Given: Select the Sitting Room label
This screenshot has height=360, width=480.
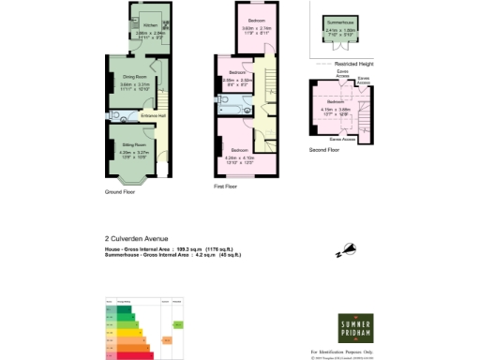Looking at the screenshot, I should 132,145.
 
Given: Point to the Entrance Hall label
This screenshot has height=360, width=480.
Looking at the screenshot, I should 154,115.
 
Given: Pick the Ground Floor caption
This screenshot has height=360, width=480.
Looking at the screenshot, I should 120,192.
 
